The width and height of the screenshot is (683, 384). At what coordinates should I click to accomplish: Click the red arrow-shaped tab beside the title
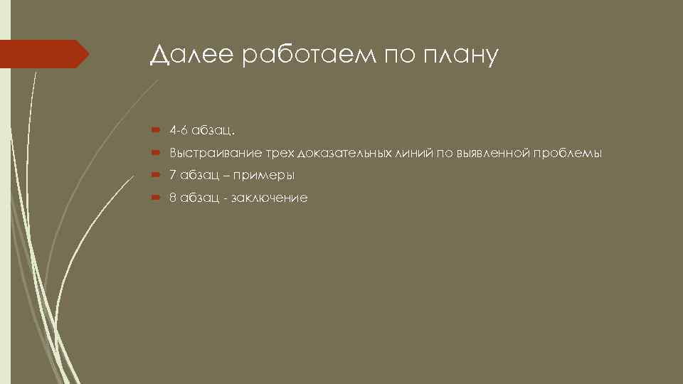(x=44, y=54)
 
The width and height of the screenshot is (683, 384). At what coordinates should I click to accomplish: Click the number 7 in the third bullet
(x=172, y=175)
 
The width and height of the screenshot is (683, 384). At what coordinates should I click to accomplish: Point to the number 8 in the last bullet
(x=172, y=198)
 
